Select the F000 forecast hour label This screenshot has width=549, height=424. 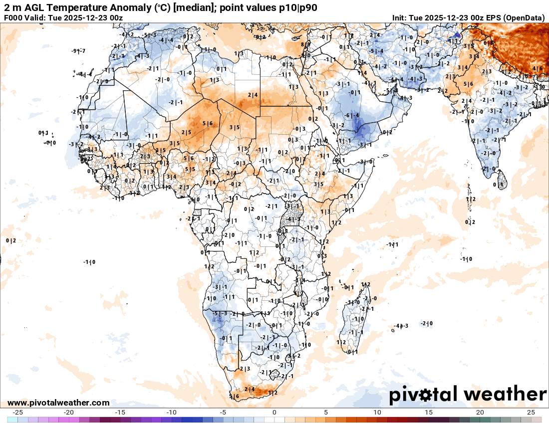14,18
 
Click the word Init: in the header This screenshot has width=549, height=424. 399,18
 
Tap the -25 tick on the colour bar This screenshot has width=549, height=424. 18,413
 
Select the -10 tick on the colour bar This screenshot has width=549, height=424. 172,413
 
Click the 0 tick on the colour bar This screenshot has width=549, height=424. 274,413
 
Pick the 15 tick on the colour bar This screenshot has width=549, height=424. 428,413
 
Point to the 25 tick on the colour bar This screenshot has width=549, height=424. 531,413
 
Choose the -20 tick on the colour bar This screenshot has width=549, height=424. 69,413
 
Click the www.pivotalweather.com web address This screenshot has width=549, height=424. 58,403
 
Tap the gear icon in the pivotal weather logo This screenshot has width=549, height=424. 426,395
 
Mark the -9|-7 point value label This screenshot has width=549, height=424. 78,51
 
